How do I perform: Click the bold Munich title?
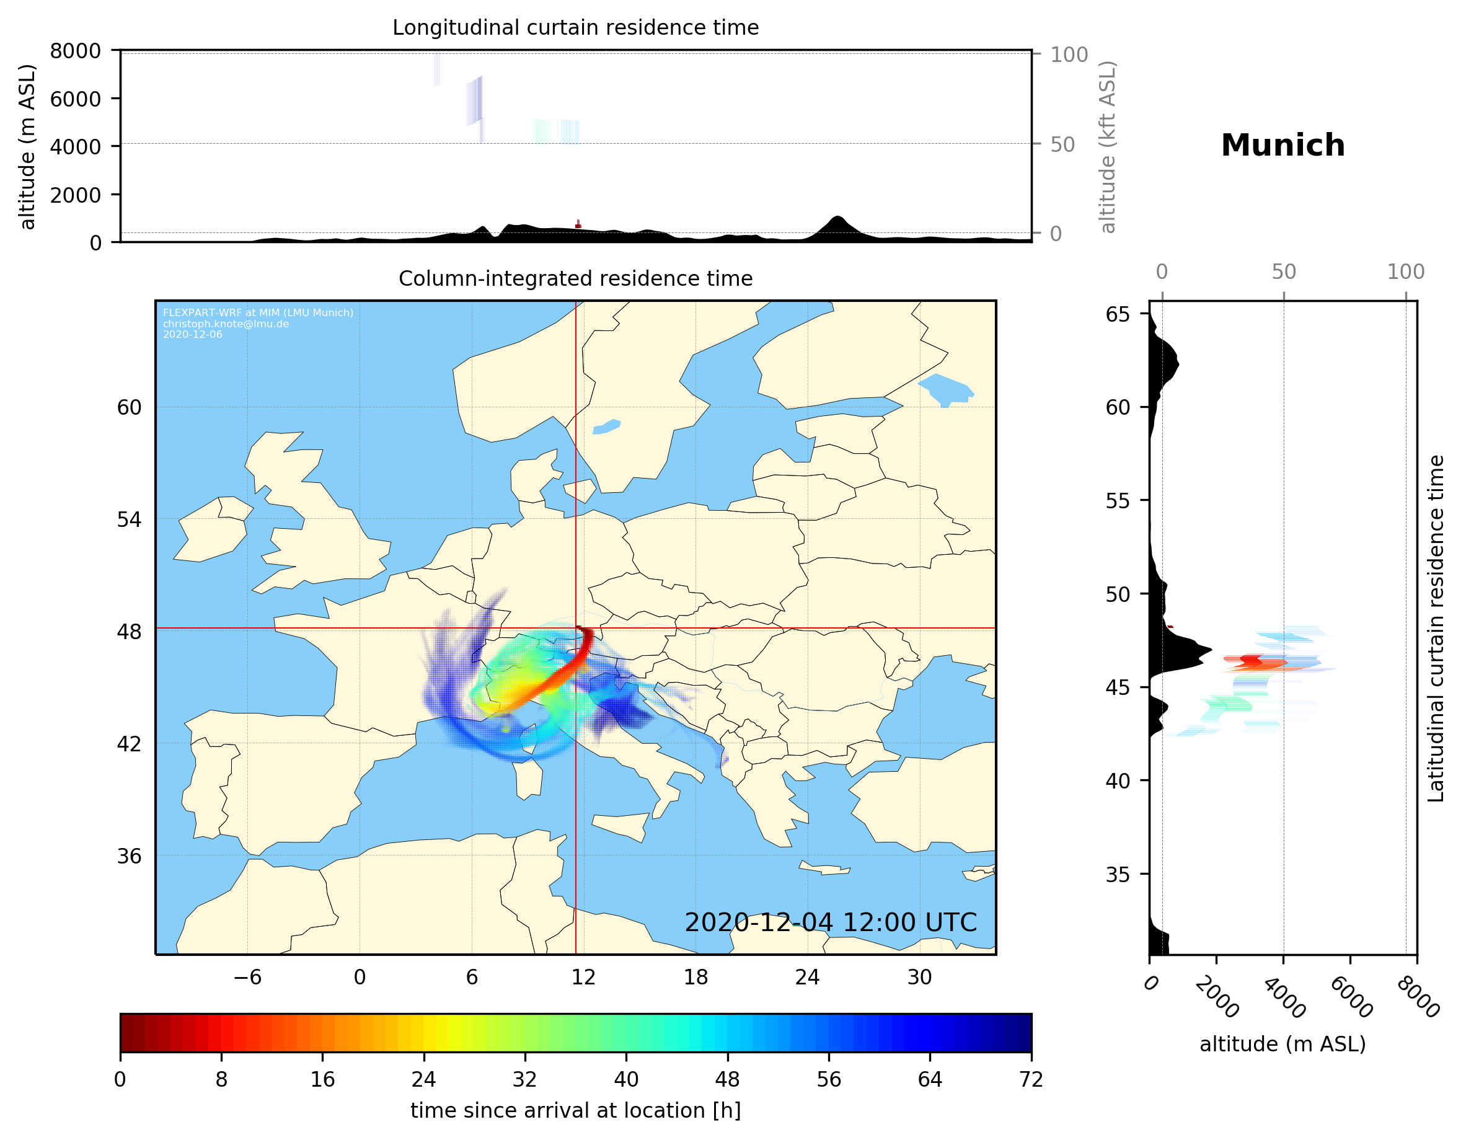(1282, 146)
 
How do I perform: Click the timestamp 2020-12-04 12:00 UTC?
(831, 922)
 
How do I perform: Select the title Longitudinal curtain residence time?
(575, 27)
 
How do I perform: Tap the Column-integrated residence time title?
(575, 278)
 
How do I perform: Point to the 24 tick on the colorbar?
(423, 1080)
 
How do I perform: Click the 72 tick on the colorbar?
(1030, 1080)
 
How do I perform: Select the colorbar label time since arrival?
(575, 1110)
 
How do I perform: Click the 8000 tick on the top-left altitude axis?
(75, 51)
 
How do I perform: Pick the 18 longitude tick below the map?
(695, 977)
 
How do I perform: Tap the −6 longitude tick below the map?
(247, 977)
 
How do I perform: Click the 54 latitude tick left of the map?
(129, 519)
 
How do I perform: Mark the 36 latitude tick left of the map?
(129, 856)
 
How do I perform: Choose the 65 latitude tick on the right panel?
(1118, 314)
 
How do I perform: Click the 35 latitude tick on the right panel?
(1118, 874)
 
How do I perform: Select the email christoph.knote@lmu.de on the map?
(226, 324)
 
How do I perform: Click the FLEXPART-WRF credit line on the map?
(258, 313)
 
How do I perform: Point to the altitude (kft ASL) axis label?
(1108, 147)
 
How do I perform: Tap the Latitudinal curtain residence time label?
(1435, 628)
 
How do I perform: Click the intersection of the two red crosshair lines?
(576, 629)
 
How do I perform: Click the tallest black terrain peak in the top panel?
(836, 218)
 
